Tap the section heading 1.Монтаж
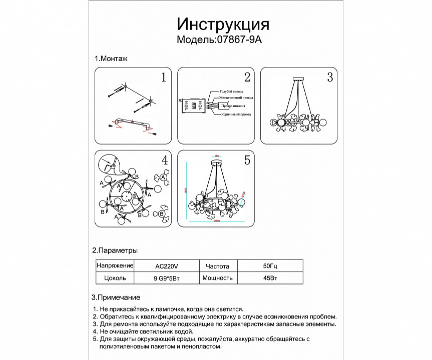point(111,58)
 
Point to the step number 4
point(164,160)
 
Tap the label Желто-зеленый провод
point(235,98)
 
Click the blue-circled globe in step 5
point(242,202)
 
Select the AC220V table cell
point(167,265)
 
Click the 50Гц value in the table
point(268,265)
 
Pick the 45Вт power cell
point(268,278)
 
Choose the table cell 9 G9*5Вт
point(167,278)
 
